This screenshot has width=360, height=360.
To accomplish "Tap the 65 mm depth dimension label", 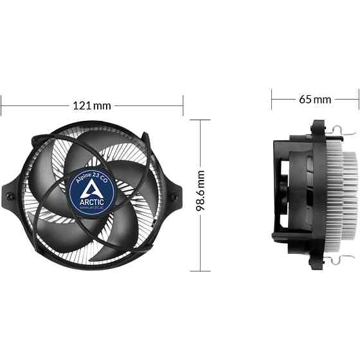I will click(314, 100).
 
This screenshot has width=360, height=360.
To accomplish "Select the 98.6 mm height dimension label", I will click(201, 191).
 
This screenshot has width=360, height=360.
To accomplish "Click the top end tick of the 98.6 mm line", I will click(201, 120).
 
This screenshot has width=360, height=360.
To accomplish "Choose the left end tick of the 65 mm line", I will click(272, 99).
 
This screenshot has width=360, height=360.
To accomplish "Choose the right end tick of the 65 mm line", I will click(357, 99).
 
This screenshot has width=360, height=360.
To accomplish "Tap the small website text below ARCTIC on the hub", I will click(94, 207).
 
